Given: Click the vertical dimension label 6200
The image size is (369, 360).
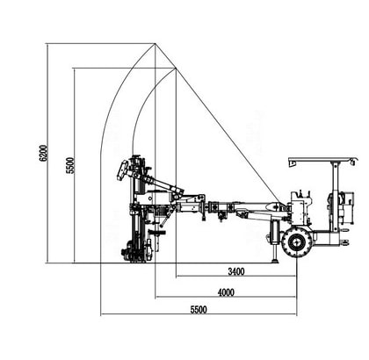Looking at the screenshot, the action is [44, 153].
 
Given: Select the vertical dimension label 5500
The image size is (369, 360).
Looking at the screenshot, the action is [70, 166].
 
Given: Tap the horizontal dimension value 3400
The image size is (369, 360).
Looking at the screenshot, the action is [236, 271].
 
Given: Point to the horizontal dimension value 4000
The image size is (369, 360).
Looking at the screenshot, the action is [226, 292].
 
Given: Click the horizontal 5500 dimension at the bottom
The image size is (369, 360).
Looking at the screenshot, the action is [199, 310].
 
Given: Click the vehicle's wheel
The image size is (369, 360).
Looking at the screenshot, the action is [297, 242].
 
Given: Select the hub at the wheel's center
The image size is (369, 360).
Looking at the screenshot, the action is [297, 242].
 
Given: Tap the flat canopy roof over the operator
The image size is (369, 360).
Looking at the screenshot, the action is [323, 161].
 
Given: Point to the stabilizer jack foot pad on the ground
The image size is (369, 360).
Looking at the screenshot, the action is [275, 260].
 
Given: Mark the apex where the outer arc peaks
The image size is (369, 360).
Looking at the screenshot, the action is [155, 44].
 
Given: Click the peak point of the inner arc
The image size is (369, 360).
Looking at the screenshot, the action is [176, 68].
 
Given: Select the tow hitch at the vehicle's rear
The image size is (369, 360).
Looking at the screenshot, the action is [344, 242].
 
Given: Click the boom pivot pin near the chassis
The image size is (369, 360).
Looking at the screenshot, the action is [276, 207].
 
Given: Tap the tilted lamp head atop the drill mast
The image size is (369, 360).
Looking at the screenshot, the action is [122, 170].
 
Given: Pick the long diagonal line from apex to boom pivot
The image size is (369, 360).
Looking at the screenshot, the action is [218, 126].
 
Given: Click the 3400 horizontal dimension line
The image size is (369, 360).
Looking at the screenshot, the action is [236, 276].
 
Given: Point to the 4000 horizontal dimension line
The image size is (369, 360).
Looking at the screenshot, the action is [226, 297].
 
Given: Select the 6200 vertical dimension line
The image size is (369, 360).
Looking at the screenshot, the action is [47, 154].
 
